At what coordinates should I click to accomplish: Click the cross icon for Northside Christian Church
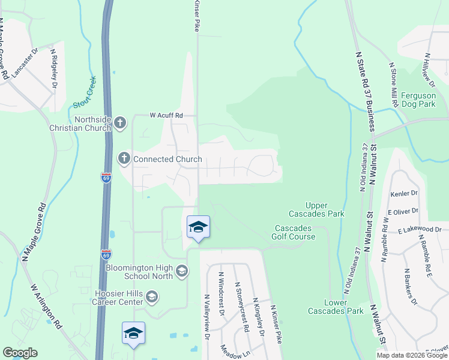tap(120, 122)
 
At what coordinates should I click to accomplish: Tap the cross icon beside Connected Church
tap(124, 159)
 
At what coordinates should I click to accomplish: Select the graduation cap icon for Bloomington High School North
tap(181, 272)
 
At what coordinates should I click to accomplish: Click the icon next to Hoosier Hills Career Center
tap(152, 296)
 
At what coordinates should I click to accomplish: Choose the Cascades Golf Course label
tap(295, 232)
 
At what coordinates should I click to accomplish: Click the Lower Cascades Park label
tap(328, 306)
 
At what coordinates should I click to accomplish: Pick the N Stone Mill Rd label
tap(394, 84)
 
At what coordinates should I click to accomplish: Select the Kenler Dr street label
tap(403, 193)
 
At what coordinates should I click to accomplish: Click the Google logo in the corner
tap(20, 353)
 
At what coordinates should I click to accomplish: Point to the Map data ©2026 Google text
tap(411, 355)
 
